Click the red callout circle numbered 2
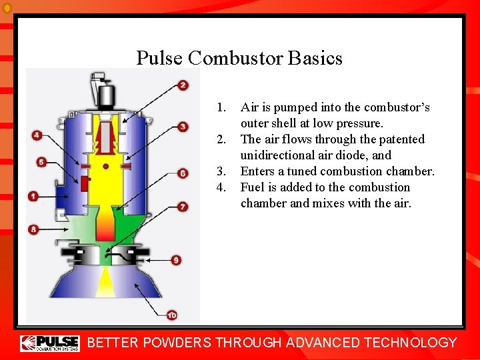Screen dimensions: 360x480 (x=183, y=85)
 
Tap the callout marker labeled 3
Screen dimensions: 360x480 (x=183, y=127)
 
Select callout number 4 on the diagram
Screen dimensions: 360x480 (x=37, y=135)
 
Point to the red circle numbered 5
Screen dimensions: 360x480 (x=42, y=162)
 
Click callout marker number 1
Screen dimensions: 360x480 (x=33, y=196)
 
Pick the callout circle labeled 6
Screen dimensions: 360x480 (x=183, y=173)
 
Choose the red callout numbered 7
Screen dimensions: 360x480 (x=183, y=207)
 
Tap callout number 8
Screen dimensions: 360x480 (x=33, y=229)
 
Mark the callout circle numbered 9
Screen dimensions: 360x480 (x=176, y=260)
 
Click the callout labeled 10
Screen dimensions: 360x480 (x=172, y=315)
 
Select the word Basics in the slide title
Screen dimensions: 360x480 (x=315, y=59)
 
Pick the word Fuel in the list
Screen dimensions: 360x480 (x=253, y=187)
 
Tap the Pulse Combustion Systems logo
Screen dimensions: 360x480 (x=50, y=343)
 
